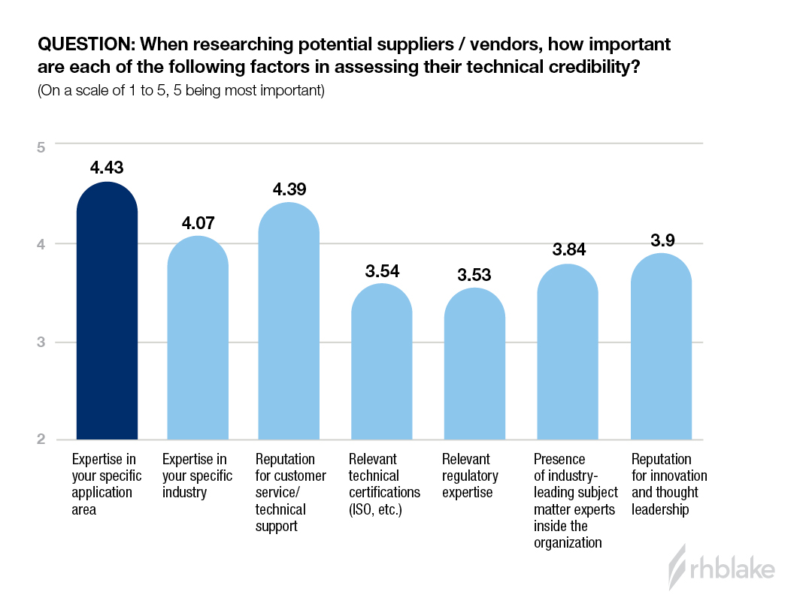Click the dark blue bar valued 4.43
(108, 316)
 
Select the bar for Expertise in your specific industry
(198, 342)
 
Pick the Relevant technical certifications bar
(382, 364)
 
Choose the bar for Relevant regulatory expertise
(474, 367)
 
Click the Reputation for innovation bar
(661, 349)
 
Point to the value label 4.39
(289, 189)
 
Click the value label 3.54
(382, 270)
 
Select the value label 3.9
(661, 240)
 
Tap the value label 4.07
(198, 223)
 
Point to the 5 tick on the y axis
(41, 146)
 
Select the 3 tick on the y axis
(41, 342)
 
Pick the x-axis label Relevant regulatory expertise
(470, 476)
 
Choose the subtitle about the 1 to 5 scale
(180, 92)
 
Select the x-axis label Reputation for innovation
(669, 484)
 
